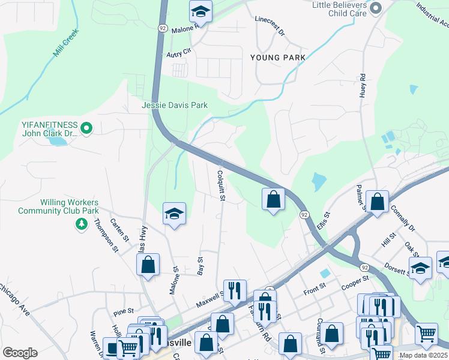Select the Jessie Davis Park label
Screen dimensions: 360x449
tap(175, 105)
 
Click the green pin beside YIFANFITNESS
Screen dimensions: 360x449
tap(86, 127)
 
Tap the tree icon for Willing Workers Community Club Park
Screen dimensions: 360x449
tap(81, 224)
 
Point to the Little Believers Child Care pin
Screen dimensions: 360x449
tap(376, 7)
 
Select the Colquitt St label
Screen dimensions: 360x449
tap(221, 185)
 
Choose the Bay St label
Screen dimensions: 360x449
tap(200, 266)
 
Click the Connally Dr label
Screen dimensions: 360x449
tap(403, 219)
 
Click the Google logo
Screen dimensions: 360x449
tap(20, 352)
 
